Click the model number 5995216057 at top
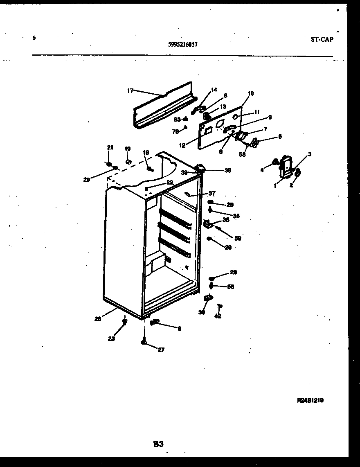click(183, 45)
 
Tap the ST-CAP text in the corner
click(322, 39)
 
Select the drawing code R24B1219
click(310, 401)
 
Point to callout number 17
click(130, 91)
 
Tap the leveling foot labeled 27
click(144, 341)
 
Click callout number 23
click(112, 338)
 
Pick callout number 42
click(218, 316)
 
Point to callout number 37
click(211, 193)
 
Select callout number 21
click(109, 147)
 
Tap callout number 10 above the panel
click(250, 93)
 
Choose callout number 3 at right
click(310, 154)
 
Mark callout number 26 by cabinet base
click(97, 319)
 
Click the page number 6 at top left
click(34, 38)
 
